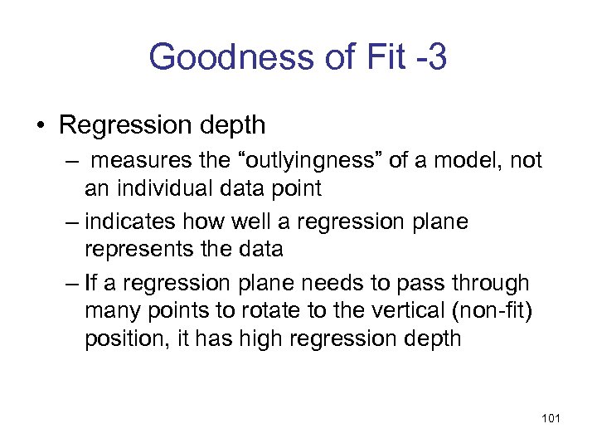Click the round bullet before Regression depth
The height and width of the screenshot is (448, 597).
tap(40, 126)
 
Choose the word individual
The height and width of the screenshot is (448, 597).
tap(163, 188)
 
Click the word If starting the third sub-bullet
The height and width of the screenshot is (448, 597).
tap(91, 283)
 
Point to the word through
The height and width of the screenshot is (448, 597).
tap(492, 283)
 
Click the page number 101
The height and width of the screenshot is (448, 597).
tap(550, 418)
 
